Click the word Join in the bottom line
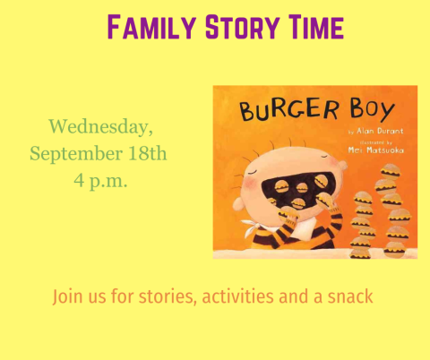tap(69, 296)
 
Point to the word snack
tap(348, 296)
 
